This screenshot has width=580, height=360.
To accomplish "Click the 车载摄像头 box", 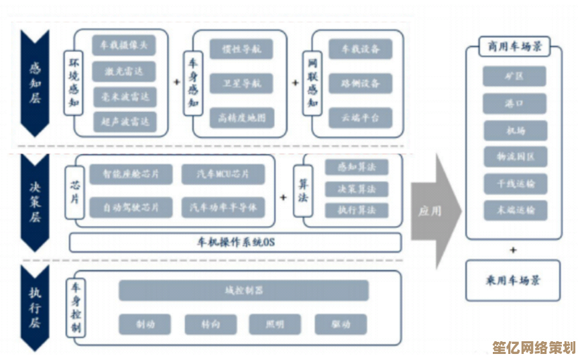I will click(124, 46).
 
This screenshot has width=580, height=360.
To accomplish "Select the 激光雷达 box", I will click(124, 71).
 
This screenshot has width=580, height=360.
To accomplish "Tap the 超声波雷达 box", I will click(124, 121).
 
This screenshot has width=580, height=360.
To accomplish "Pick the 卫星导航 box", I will click(242, 84).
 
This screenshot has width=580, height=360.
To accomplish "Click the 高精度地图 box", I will click(242, 118).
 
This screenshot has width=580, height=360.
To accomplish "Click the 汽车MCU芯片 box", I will click(223, 174).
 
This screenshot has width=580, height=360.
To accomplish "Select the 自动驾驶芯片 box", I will click(131, 207).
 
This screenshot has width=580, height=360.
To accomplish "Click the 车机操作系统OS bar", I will click(235, 242).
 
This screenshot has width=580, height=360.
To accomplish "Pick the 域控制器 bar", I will click(243, 290).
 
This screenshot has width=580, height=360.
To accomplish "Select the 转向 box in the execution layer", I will click(210, 324).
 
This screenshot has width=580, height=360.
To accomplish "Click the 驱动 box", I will click(341, 324).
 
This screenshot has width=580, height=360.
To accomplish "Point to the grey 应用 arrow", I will click(434, 211).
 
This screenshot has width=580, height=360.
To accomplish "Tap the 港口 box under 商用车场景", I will click(515, 103).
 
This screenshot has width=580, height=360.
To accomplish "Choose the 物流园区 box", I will click(515, 157).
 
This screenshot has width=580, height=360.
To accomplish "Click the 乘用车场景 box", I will click(513, 280).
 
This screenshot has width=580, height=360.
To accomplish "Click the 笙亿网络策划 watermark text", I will click(534, 348).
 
